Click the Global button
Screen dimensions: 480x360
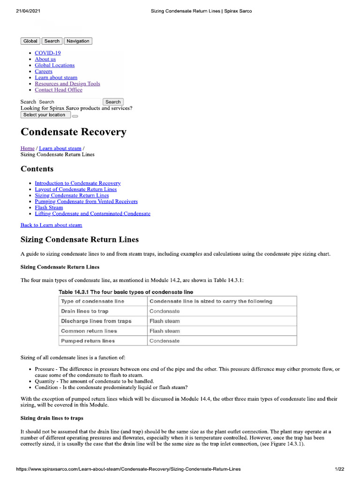pyautogui.click(x=30, y=41)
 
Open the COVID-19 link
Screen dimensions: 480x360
pyautogui.click(x=47, y=53)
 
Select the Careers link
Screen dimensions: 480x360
pyautogui.click(x=44, y=71)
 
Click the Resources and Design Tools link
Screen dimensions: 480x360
pyautogui.click(x=67, y=83)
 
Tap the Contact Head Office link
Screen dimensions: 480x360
pyautogui.click(x=58, y=90)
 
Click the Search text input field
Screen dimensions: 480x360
pyautogui.click(x=69, y=102)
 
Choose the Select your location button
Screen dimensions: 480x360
pyautogui.click(x=45, y=115)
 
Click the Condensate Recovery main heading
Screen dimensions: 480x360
pyautogui.click(x=74, y=132)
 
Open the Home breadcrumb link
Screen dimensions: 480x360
pyautogui.click(x=27, y=148)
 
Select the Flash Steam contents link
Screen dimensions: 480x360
pyautogui.click(x=49, y=207)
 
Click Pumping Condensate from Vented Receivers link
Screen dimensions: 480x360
pyautogui.click(x=86, y=201)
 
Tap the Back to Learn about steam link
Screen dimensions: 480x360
pyautogui.click(x=51, y=225)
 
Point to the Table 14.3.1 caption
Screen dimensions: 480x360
pyautogui.click(x=126, y=292)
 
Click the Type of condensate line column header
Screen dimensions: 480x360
pyautogui.click(x=93, y=301)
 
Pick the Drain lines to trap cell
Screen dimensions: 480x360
pyautogui.click(x=85, y=311)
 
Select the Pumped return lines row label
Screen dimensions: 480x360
pyautogui.click(x=88, y=341)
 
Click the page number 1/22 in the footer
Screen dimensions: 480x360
pyautogui.click(x=339, y=469)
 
